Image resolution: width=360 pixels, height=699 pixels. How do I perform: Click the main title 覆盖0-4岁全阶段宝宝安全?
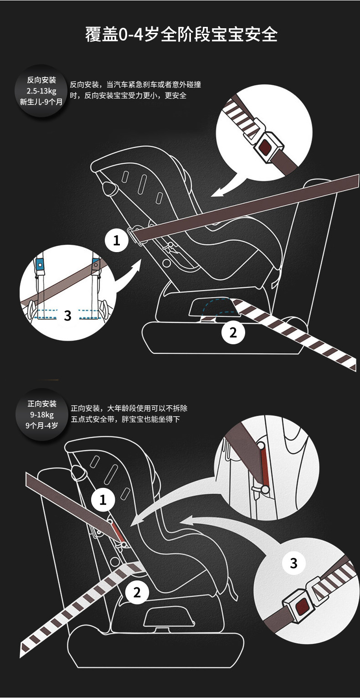181,34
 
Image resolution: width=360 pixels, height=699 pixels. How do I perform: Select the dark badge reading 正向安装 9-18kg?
41,414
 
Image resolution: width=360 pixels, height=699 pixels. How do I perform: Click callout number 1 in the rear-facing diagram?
117,240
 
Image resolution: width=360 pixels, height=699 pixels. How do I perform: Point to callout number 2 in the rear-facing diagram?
233,332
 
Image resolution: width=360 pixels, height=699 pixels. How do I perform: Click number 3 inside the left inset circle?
67,315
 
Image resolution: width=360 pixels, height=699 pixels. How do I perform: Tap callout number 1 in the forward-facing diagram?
103,500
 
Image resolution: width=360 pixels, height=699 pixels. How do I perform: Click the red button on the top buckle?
264,147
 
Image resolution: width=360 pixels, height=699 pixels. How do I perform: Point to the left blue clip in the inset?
40,264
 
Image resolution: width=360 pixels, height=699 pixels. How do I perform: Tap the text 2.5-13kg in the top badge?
41,91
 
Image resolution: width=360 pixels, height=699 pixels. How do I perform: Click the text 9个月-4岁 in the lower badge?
41,425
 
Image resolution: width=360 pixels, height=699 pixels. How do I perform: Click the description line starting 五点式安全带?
125,419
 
